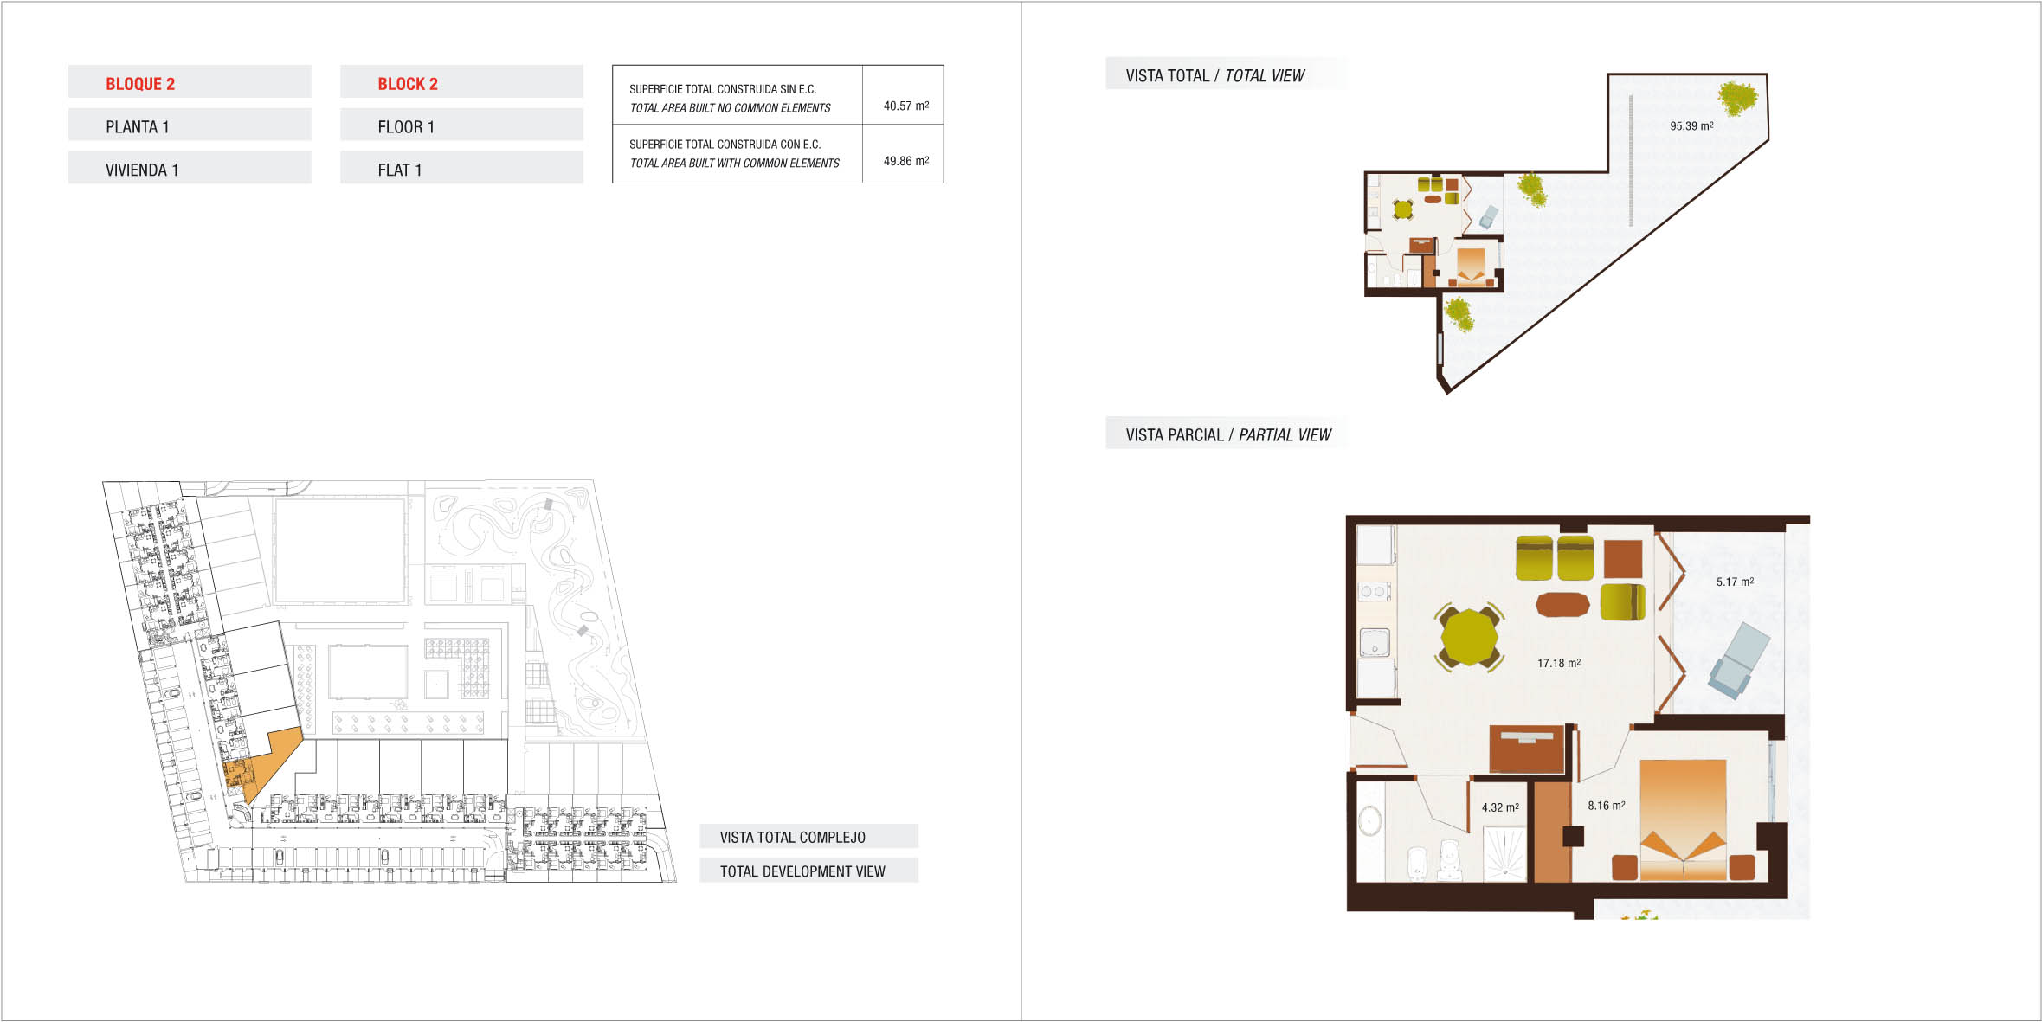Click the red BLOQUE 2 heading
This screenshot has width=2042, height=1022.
[140, 84]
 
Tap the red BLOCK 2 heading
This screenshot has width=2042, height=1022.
[408, 84]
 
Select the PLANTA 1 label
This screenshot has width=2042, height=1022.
[138, 127]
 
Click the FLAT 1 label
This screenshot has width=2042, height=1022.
[400, 170]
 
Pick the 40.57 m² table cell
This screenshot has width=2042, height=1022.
[905, 106]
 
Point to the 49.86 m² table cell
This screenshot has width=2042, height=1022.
[905, 161]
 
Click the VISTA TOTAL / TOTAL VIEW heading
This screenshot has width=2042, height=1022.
[1214, 76]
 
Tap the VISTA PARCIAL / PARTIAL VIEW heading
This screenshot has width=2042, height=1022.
[1228, 435]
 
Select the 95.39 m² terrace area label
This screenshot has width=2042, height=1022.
[1691, 125]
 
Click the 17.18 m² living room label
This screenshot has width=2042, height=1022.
[1559, 663]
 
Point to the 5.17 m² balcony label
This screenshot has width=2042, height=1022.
[1735, 582]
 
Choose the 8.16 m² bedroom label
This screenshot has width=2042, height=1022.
[1606, 805]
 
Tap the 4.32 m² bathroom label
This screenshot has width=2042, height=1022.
[1500, 807]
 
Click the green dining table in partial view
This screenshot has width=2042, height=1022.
[1470, 638]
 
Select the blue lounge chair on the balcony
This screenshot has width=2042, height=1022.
[1738, 660]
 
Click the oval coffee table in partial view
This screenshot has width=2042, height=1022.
[1562, 604]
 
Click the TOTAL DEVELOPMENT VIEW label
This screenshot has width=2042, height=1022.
[802, 871]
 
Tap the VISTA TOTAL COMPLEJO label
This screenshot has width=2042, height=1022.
[792, 837]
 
